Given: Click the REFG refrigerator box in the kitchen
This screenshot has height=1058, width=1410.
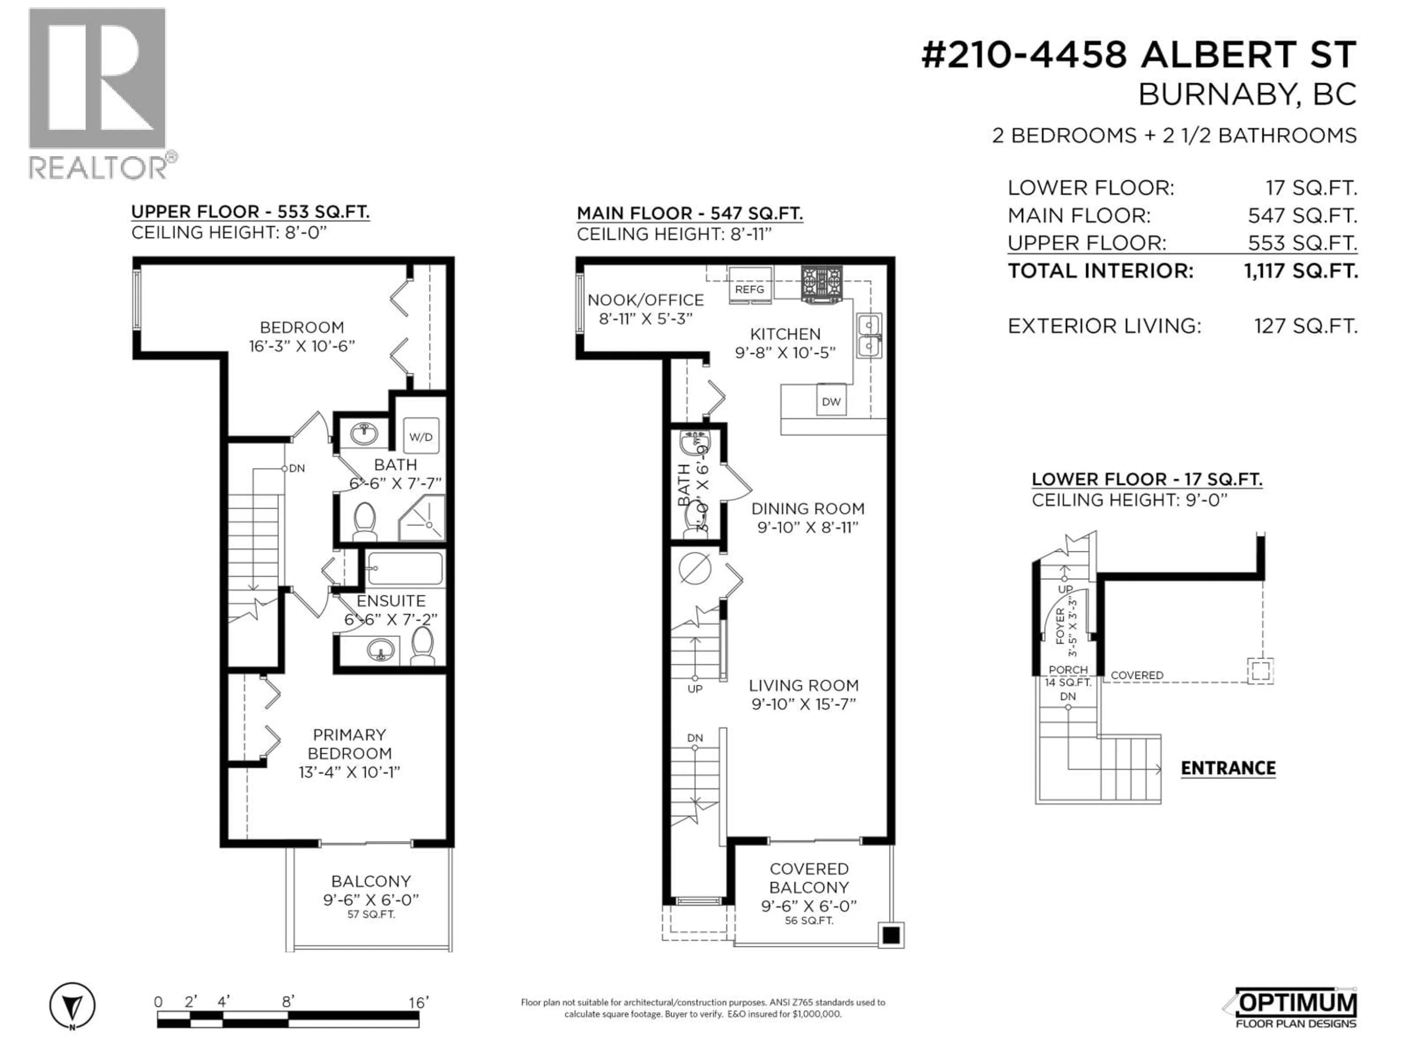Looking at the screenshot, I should (750, 285).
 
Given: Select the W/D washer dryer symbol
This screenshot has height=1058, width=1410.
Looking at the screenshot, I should (421, 436).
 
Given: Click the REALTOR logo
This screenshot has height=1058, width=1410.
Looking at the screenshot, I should (99, 93).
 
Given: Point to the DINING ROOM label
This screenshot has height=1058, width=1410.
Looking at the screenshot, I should (807, 508).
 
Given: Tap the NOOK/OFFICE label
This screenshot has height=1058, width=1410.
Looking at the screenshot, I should (645, 300).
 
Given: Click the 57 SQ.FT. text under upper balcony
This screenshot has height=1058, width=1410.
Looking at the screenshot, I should (371, 914).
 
